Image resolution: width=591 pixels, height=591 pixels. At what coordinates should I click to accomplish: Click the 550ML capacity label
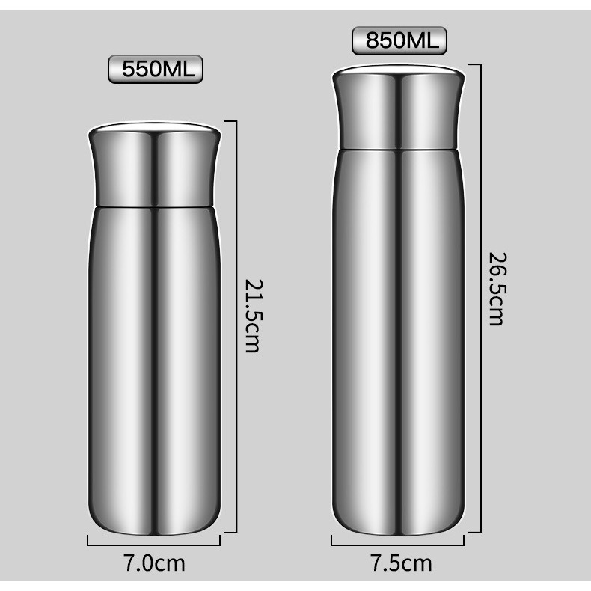pyautogui.click(x=156, y=70)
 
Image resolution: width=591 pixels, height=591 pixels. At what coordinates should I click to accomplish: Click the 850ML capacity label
pyautogui.click(x=399, y=40)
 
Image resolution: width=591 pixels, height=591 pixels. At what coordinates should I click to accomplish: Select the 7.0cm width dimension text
pyautogui.click(x=154, y=562)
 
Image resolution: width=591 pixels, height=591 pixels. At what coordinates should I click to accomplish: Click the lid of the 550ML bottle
pyautogui.click(x=155, y=168)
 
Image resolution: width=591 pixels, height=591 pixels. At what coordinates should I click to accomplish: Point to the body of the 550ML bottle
pyautogui.click(x=155, y=359)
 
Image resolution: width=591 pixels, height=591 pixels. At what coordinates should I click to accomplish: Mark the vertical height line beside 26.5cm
pyautogui.click(x=479, y=299)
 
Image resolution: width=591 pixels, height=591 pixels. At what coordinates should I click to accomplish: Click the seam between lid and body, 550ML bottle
pyautogui.click(x=155, y=206)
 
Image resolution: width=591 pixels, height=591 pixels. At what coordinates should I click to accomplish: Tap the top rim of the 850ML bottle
pyautogui.click(x=397, y=70)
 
